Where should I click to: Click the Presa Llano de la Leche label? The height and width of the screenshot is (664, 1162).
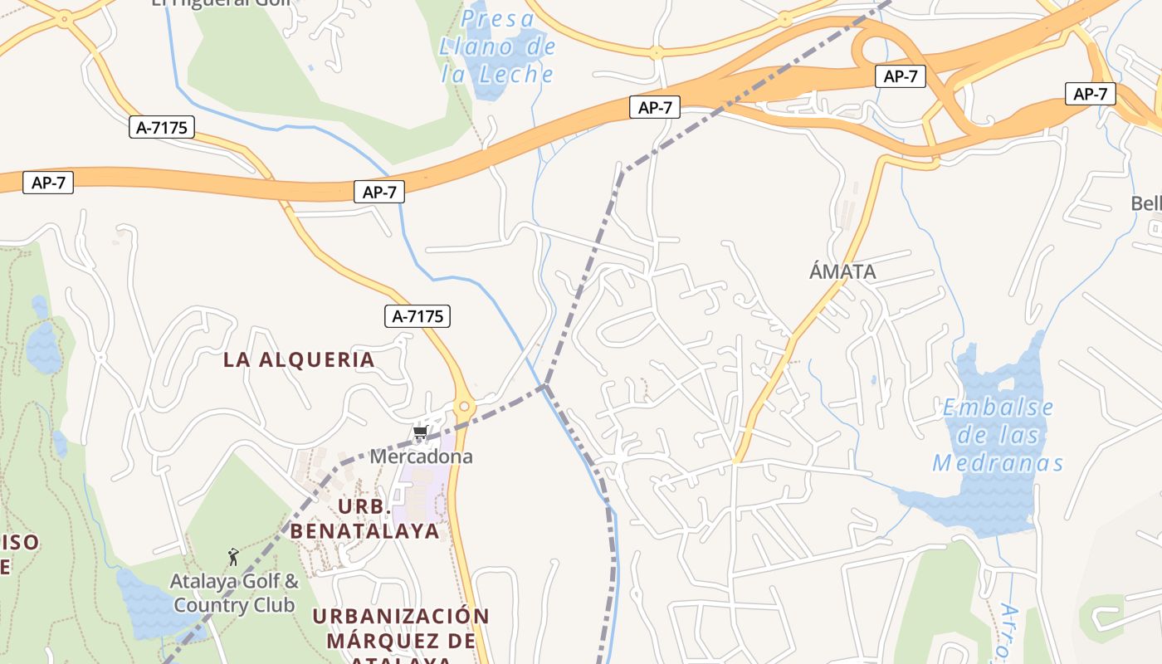[497, 46]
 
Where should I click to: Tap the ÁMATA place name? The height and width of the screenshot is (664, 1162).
[842, 271]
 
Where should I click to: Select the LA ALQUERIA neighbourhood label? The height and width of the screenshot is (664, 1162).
[299, 359]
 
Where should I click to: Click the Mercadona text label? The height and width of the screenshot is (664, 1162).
[421, 456]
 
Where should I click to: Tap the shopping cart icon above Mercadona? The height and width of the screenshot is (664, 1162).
[420, 432]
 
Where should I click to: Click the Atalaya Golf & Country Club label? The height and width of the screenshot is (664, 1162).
[234, 593]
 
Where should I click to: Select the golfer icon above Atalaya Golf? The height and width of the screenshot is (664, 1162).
[233, 556]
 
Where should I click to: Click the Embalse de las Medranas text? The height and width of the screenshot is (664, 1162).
[998, 435]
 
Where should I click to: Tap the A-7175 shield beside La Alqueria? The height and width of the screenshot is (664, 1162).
[418, 315]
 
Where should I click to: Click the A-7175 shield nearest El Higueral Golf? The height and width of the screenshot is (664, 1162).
[162, 127]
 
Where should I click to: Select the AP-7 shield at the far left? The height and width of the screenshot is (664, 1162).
[48, 183]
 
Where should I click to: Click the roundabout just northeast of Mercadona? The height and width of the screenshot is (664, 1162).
[464, 408]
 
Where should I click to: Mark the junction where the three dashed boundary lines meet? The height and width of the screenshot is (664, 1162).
[545, 385]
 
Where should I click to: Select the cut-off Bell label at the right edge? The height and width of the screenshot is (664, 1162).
[1146, 203]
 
